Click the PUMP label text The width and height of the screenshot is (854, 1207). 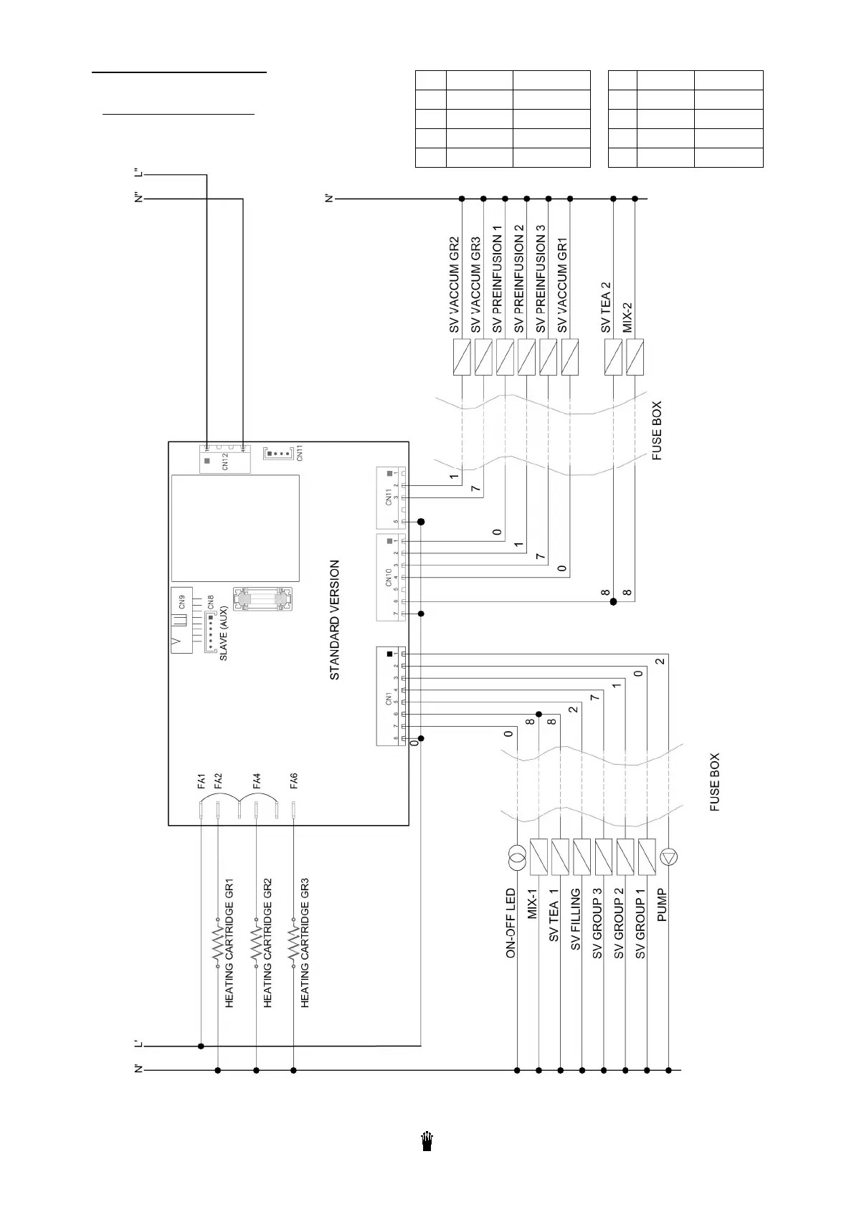tap(662, 905)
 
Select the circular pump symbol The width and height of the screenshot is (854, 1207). tap(668, 856)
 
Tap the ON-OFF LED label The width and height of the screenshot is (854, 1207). tap(511, 923)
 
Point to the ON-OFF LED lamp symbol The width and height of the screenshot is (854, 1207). tap(517, 856)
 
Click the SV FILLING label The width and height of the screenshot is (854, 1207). tap(575, 920)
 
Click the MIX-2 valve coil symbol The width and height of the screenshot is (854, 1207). tap(635, 357)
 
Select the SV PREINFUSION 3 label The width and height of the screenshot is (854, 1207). tap(541, 279)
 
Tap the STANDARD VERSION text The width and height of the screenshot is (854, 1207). tap(335, 620)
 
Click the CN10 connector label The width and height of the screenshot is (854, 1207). tap(389, 578)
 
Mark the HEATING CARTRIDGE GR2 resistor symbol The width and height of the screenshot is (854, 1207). tap(255, 946)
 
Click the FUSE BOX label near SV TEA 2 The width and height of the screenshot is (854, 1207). tap(658, 430)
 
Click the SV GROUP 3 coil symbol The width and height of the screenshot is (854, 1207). tap(604, 856)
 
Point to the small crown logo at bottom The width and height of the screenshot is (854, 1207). tap(427, 1142)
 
